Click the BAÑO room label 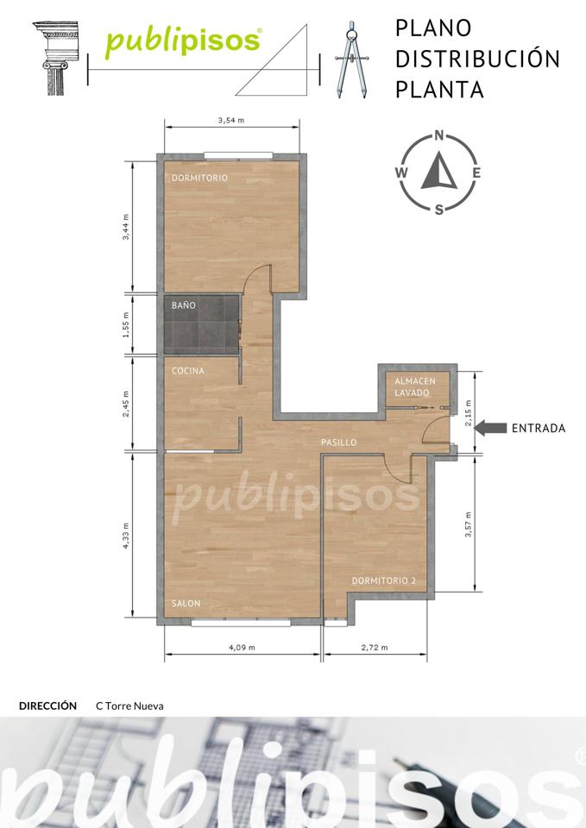click(183, 305)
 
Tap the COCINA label click(187, 371)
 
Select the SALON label click(186, 603)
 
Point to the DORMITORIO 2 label click(384, 580)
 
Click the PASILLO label click(338, 442)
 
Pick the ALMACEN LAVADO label click(415, 387)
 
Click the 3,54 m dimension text click(231, 121)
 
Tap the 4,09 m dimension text click(242, 648)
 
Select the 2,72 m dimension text click(374, 648)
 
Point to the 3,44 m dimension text click(126, 227)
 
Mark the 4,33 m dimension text click(126, 536)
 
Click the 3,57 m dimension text click(468, 524)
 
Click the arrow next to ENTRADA click(490, 428)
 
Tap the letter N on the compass click(438, 135)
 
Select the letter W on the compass click(401, 172)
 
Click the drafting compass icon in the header click(351, 60)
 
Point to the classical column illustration click(55, 58)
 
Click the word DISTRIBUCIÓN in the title click(477, 58)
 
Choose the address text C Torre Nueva click(129, 706)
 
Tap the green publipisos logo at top click(183, 41)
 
